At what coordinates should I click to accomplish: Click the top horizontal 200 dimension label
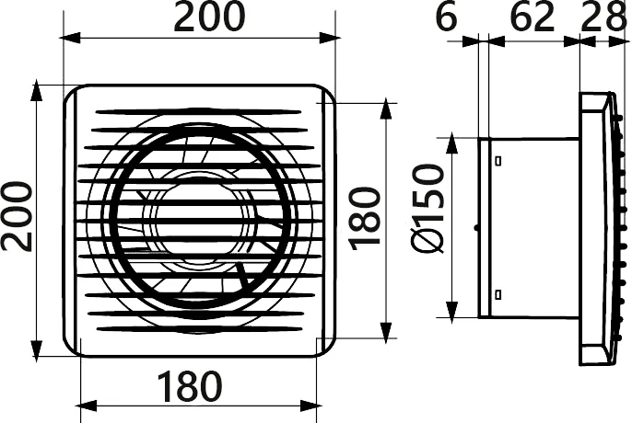coord(209,17)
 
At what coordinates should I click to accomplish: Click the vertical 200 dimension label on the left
coord(17,216)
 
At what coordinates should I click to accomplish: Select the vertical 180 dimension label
coord(365,219)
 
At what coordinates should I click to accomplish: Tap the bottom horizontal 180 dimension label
coord(190,386)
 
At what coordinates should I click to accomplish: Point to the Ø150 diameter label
coord(427,209)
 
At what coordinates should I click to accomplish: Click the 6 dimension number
coord(447,17)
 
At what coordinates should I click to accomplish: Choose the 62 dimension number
coord(533,17)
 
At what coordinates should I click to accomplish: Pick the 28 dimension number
coord(603,17)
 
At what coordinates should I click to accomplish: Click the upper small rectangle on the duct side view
coord(498,161)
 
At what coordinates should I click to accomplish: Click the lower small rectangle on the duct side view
coord(498,294)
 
